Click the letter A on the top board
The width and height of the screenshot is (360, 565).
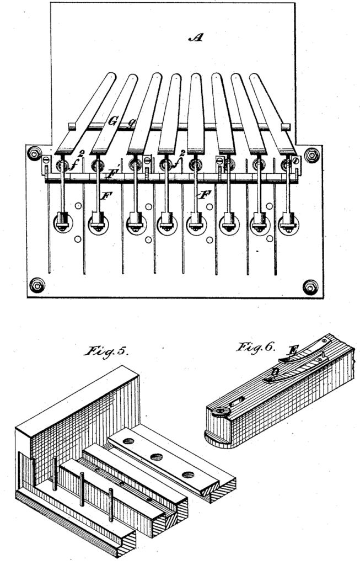[194, 38]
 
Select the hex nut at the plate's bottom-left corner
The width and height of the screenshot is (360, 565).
[37, 284]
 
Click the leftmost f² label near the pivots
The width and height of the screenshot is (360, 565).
[76, 163]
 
